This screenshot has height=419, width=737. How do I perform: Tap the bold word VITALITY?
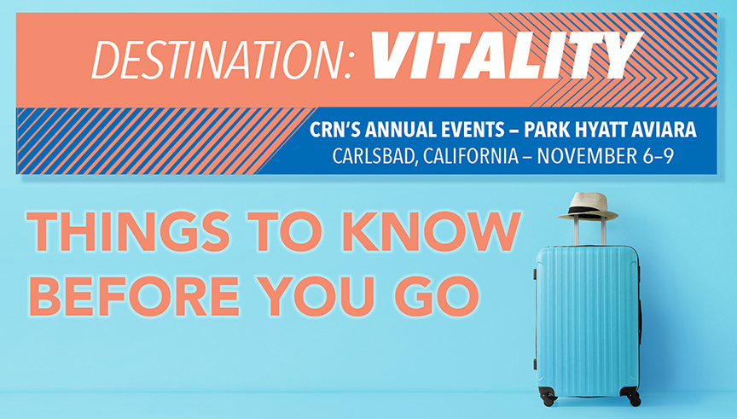507,55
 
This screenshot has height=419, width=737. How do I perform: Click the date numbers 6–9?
657,156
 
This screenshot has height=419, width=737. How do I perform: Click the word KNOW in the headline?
431,231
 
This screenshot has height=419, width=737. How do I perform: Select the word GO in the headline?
437,296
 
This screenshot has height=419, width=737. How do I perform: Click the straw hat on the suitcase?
588,207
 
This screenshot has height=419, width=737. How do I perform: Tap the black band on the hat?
588,210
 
